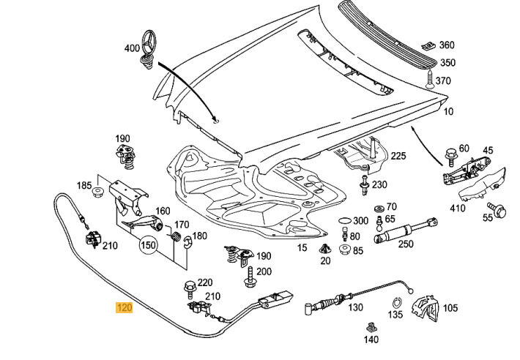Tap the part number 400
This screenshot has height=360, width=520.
tap(131, 48)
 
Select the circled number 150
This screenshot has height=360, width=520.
tap(149, 245)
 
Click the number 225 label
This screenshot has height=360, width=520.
tap(398, 156)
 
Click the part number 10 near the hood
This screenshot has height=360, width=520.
tap(448, 111)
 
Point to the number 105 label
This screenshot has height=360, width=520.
tap(450, 308)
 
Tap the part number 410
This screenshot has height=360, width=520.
tap(458, 209)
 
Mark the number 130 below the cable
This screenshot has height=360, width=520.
tap(355, 307)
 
